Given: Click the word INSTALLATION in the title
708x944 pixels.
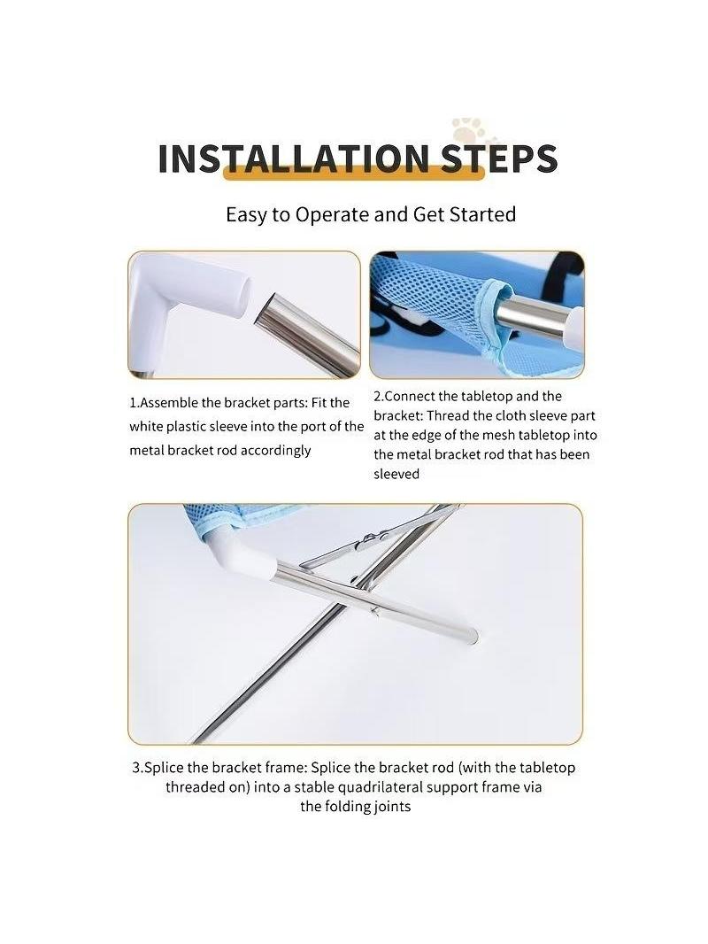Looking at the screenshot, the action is (x=293, y=159).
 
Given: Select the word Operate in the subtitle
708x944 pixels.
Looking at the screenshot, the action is (x=332, y=215).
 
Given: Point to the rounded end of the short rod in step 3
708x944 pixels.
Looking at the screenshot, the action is (x=473, y=635).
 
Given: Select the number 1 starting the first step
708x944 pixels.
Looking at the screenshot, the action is (x=133, y=403).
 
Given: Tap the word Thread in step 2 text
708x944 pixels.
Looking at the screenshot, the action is (x=446, y=415).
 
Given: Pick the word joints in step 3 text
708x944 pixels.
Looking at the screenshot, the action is (x=391, y=807).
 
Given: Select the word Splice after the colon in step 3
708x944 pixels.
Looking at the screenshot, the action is (x=331, y=768).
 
